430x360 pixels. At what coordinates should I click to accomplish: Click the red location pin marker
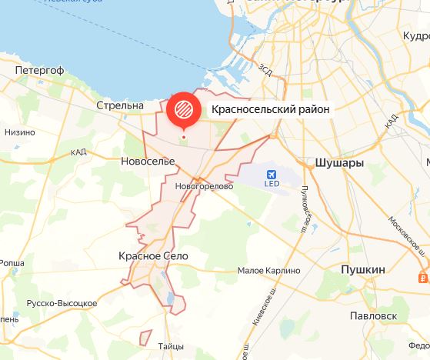pos(184,110)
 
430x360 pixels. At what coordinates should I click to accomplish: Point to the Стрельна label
pos(121,105)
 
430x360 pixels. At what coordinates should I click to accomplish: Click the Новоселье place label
pos(148,161)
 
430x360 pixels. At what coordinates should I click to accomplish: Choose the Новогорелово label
pos(204,186)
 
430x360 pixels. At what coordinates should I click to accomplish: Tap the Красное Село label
pos(153,255)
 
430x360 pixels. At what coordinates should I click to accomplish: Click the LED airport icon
pos(272,175)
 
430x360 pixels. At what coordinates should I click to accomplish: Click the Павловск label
pos(372,315)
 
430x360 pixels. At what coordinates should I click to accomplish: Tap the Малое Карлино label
pos(263,271)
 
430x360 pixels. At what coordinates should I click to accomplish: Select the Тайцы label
pos(170,346)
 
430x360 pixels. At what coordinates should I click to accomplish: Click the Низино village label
pos(19,132)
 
